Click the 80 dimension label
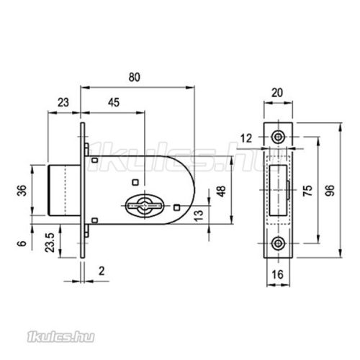click(x=135, y=78)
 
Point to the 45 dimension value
click(x=114, y=102)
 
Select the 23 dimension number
click(x=63, y=102)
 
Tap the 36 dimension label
click(x=23, y=190)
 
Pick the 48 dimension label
click(x=221, y=192)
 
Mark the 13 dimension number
click(x=199, y=216)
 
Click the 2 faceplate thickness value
click(x=102, y=271)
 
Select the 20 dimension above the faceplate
click(x=277, y=93)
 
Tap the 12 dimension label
click(x=246, y=138)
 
